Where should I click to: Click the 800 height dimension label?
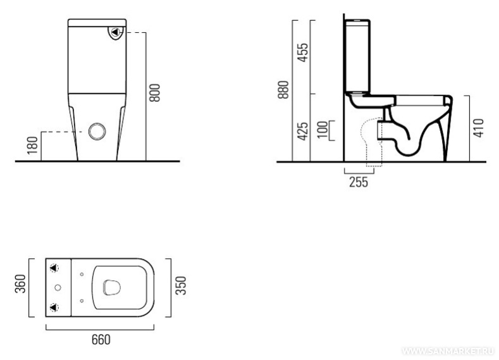(155, 93)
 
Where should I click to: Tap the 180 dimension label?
(32, 146)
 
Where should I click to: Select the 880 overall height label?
(283, 90)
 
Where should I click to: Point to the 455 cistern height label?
(303, 53)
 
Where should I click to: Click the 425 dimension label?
(303, 131)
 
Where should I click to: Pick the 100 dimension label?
(323, 130)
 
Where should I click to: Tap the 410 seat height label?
(478, 128)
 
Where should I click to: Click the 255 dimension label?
(359, 182)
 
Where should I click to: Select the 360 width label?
(20, 283)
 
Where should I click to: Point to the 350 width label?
(181, 285)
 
